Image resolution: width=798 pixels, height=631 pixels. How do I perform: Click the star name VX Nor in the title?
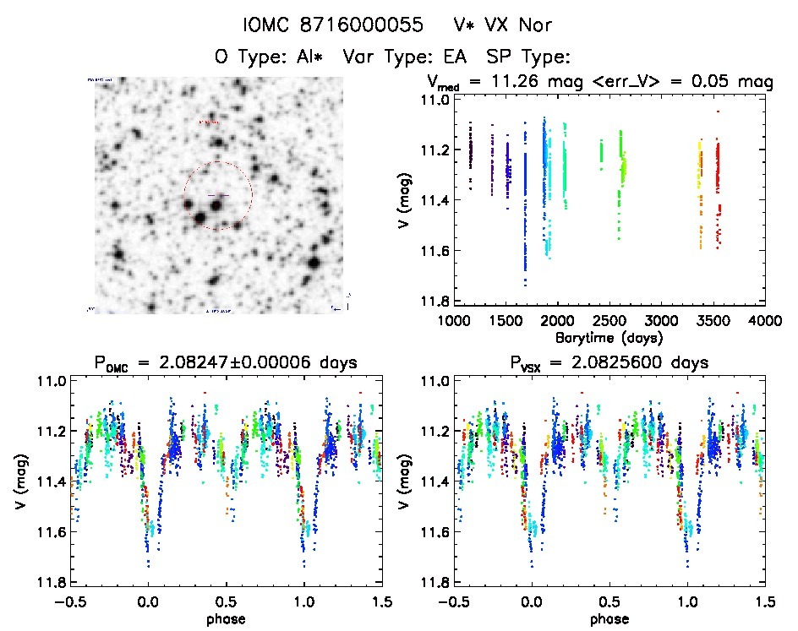click(x=508, y=25)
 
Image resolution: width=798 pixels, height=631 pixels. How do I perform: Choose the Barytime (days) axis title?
click(x=609, y=336)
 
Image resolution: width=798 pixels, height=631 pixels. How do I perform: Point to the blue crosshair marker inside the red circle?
click(x=217, y=196)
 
